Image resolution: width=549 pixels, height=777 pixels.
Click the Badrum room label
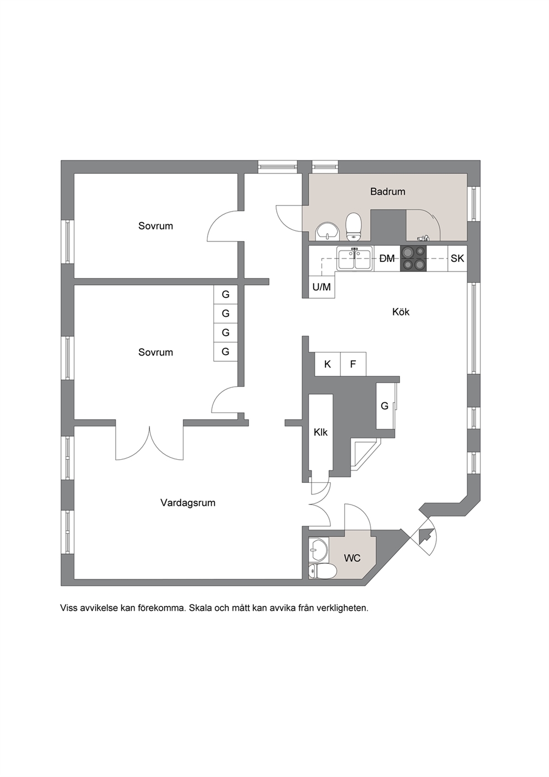point(387,192)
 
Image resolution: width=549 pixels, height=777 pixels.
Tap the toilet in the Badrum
point(354,227)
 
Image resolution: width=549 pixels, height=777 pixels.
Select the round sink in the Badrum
point(327,231)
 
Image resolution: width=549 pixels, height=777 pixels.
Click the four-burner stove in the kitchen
point(413,259)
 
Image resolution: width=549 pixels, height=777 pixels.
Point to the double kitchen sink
point(355,259)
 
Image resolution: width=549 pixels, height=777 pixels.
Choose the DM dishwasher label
point(387,259)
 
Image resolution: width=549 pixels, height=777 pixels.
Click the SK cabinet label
point(457,259)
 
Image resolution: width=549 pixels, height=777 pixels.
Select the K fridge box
point(328,364)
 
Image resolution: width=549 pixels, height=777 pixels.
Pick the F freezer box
point(353,364)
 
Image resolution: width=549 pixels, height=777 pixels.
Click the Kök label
point(401,312)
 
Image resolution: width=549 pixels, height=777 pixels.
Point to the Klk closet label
point(320,432)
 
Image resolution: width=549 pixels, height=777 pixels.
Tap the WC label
point(352,558)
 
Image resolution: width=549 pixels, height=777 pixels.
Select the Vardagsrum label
point(188,503)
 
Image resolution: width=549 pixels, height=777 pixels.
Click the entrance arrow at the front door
point(426,536)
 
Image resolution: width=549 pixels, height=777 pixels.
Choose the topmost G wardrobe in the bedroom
point(226,295)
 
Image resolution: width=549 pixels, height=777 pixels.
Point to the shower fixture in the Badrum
point(423,238)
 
